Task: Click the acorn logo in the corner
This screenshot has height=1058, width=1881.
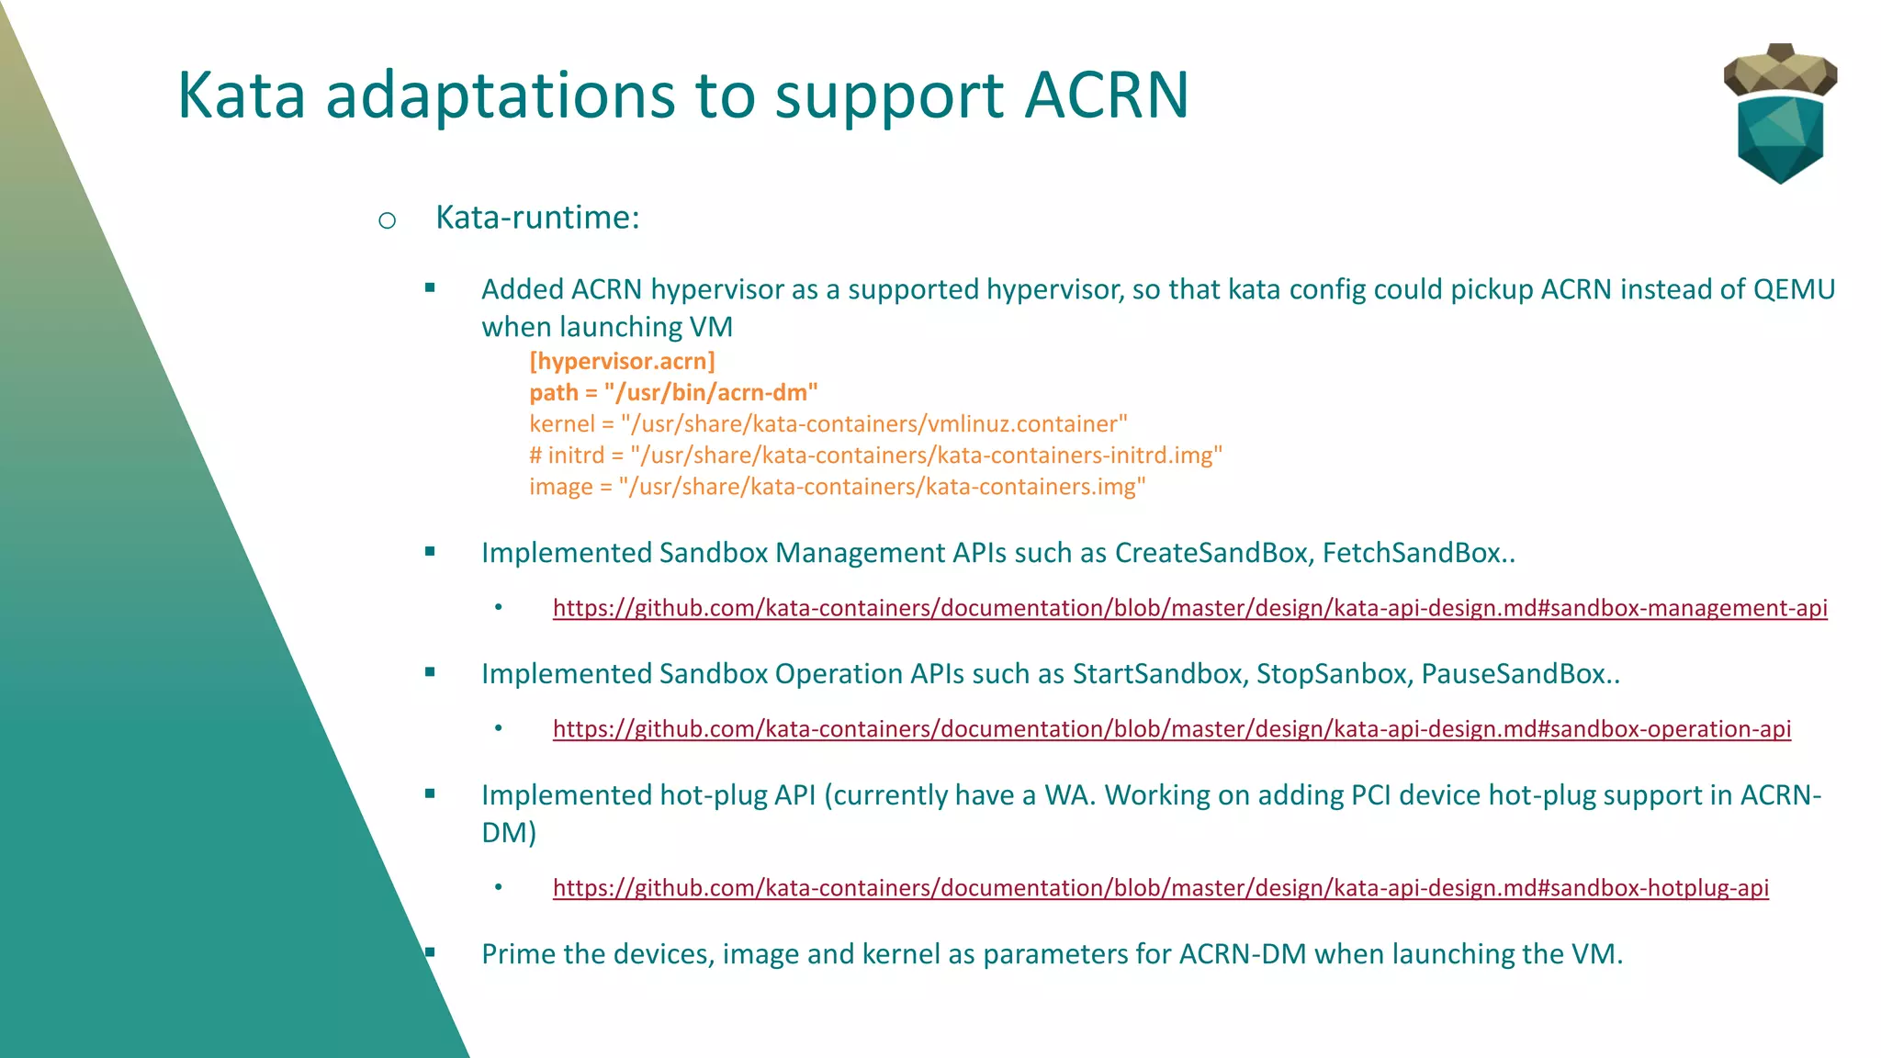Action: pyautogui.click(x=1780, y=114)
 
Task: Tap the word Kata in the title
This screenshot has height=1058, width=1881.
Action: pyautogui.click(x=241, y=96)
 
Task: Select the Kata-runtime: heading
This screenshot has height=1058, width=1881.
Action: pyautogui.click(x=537, y=218)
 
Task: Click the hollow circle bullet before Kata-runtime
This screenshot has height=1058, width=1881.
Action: pyautogui.click(x=387, y=220)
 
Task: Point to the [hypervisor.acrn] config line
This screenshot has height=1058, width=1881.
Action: pyautogui.click(x=622, y=361)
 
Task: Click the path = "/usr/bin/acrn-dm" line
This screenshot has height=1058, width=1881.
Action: pyautogui.click(x=673, y=393)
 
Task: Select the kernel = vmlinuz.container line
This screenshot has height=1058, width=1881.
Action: pyautogui.click(x=828, y=424)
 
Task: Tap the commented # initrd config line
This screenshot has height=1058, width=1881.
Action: pyautogui.click(x=875, y=456)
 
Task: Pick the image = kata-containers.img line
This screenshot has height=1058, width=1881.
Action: pyautogui.click(x=837, y=487)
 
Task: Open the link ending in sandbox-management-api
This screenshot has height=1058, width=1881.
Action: pyautogui.click(x=1189, y=608)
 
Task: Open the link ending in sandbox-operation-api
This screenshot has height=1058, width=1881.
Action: pyautogui.click(x=1171, y=729)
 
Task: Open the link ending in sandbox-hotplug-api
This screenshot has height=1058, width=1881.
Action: pyautogui.click(x=1160, y=888)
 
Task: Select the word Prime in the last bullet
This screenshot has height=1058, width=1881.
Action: pyautogui.click(x=518, y=954)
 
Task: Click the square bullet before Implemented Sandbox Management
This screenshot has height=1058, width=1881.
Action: pyautogui.click(x=430, y=552)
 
